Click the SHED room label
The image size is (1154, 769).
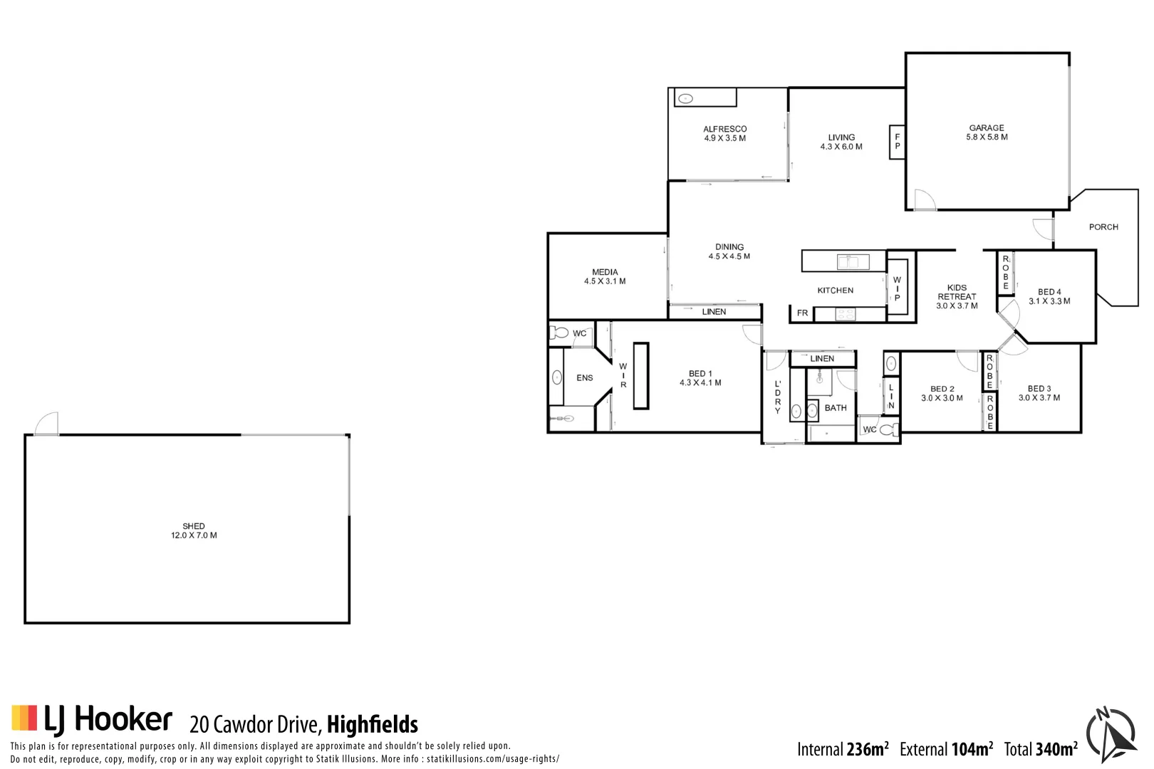194,526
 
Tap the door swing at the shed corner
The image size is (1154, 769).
47,424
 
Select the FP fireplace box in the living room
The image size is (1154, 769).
897,142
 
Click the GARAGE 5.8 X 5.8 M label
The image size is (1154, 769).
987,132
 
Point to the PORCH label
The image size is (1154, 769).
1103,227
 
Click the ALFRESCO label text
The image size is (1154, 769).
724,129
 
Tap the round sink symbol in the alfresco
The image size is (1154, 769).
685,99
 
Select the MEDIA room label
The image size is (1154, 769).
605,272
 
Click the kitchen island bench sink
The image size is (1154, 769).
853,262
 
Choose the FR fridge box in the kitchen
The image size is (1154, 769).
802,313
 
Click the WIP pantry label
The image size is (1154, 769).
897,289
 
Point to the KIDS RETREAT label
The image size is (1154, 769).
957,293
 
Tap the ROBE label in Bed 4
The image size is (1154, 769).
1005,272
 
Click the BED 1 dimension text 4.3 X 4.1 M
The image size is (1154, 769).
700,383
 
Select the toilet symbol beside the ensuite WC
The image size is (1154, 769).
560,333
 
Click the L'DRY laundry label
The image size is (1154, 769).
777,397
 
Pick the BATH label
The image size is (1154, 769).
836,408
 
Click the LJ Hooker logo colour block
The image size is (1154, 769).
24,718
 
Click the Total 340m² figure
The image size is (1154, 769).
1041,749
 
